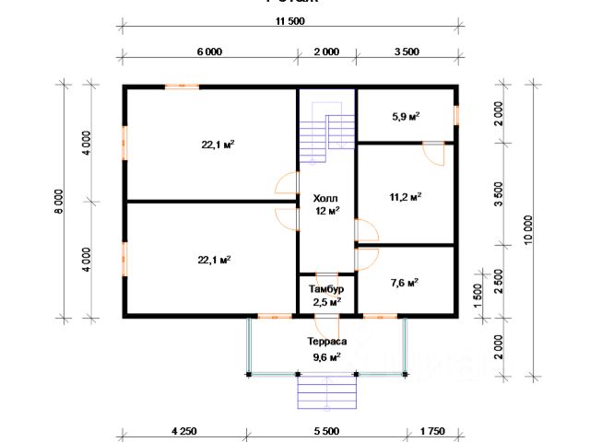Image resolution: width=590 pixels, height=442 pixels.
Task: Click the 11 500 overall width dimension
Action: point(289,23)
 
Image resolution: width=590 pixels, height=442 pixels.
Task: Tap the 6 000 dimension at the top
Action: point(209,52)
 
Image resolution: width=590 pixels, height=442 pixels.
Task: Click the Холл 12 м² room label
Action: point(326,204)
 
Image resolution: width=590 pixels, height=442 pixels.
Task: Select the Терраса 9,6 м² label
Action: point(326,347)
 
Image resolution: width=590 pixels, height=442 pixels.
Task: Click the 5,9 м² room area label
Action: point(406,117)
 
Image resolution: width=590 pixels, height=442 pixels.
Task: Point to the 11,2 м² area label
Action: point(406,196)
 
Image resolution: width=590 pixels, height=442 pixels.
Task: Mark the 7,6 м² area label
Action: point(406,283)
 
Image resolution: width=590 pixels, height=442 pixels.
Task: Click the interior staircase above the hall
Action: point(327,129)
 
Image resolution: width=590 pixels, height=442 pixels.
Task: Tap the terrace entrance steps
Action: point(326,393)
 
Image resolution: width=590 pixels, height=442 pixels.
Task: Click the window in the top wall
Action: point(182,87)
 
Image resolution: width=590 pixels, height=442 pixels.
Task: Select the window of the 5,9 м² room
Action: point(455,114)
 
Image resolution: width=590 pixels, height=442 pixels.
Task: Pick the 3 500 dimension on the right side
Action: point(499,194)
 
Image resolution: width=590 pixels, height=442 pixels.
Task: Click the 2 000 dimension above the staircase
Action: point(326,52)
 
